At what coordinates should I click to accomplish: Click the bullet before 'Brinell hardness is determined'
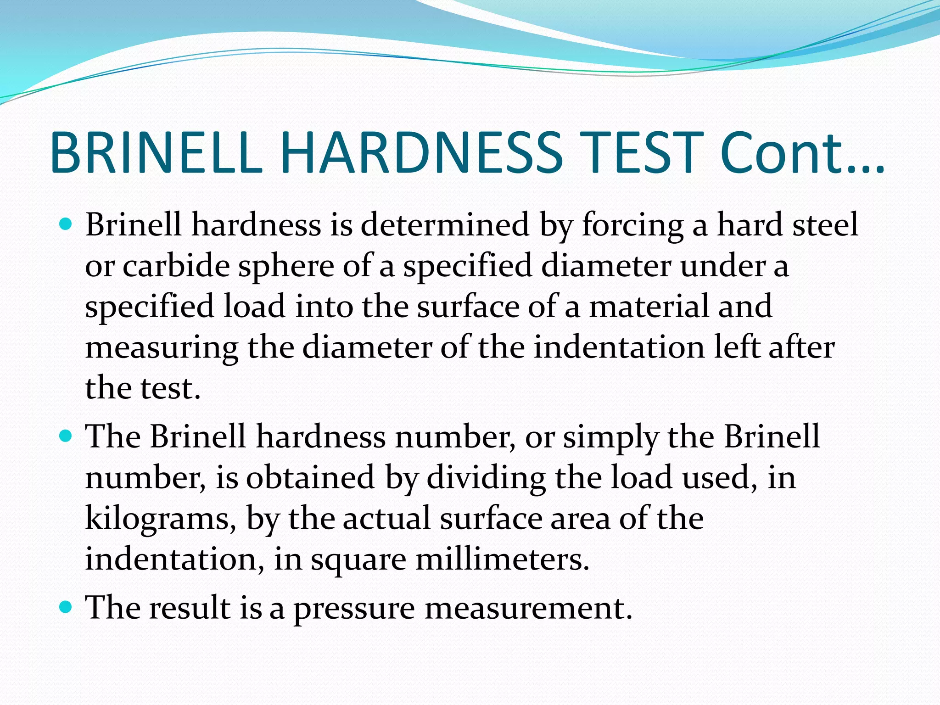click(67, 224)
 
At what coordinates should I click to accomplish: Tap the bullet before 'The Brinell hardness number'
click(67, 436)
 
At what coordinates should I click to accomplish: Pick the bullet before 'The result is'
click(67, 607)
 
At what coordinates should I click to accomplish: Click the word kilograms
click(161, 519)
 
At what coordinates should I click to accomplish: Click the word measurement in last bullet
click(528, 608)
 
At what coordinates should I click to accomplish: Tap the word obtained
click(310, 477)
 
